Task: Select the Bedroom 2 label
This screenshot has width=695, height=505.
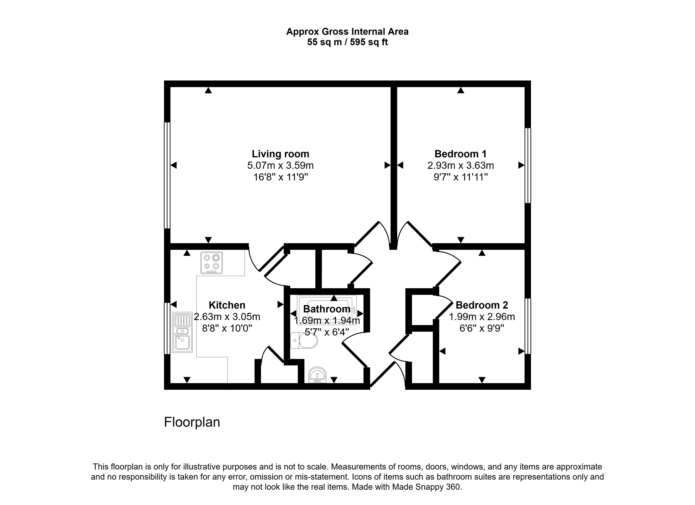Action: tap(481, 305)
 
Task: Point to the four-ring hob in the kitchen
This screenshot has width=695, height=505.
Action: tap(212, 263)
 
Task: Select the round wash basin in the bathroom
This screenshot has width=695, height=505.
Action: tap(317, 375)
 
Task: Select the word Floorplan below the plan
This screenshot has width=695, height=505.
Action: tap(192, 422)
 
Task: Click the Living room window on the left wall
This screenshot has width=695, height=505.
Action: tap(167, 175)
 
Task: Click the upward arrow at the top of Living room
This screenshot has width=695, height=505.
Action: tap(208, 90)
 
